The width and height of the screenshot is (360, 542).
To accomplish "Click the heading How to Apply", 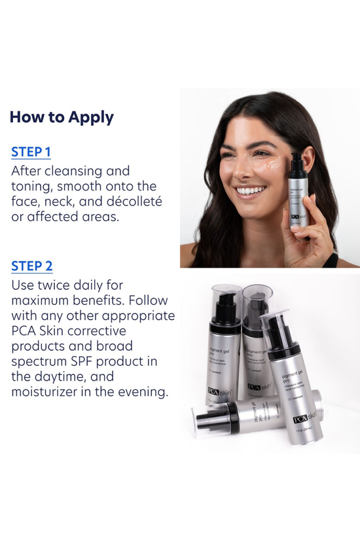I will (62, 117).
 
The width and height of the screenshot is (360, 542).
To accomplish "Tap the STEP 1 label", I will (31, 153).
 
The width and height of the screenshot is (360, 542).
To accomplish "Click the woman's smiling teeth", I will (250, 191).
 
